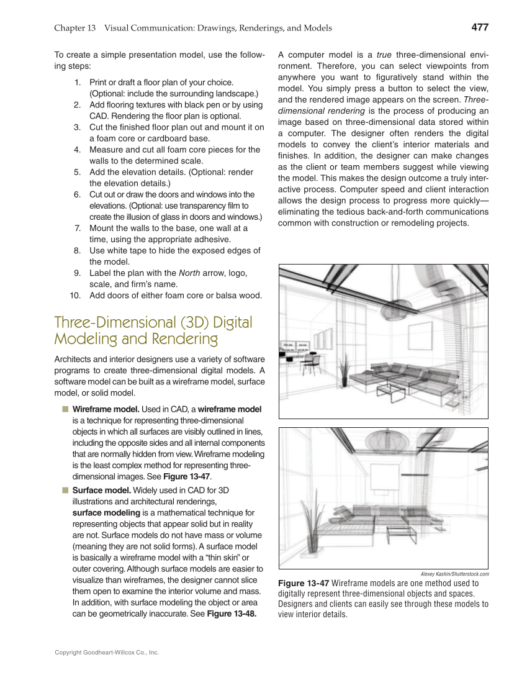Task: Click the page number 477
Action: (480, 27)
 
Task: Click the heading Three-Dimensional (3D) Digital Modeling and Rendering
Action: (153, 330)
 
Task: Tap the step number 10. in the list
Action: (74, 295)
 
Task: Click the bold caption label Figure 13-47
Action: (304, 583)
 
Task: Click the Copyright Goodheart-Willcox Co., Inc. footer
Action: (107, 653)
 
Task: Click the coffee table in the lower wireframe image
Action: (399, 533)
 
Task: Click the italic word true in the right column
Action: (384, 54)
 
